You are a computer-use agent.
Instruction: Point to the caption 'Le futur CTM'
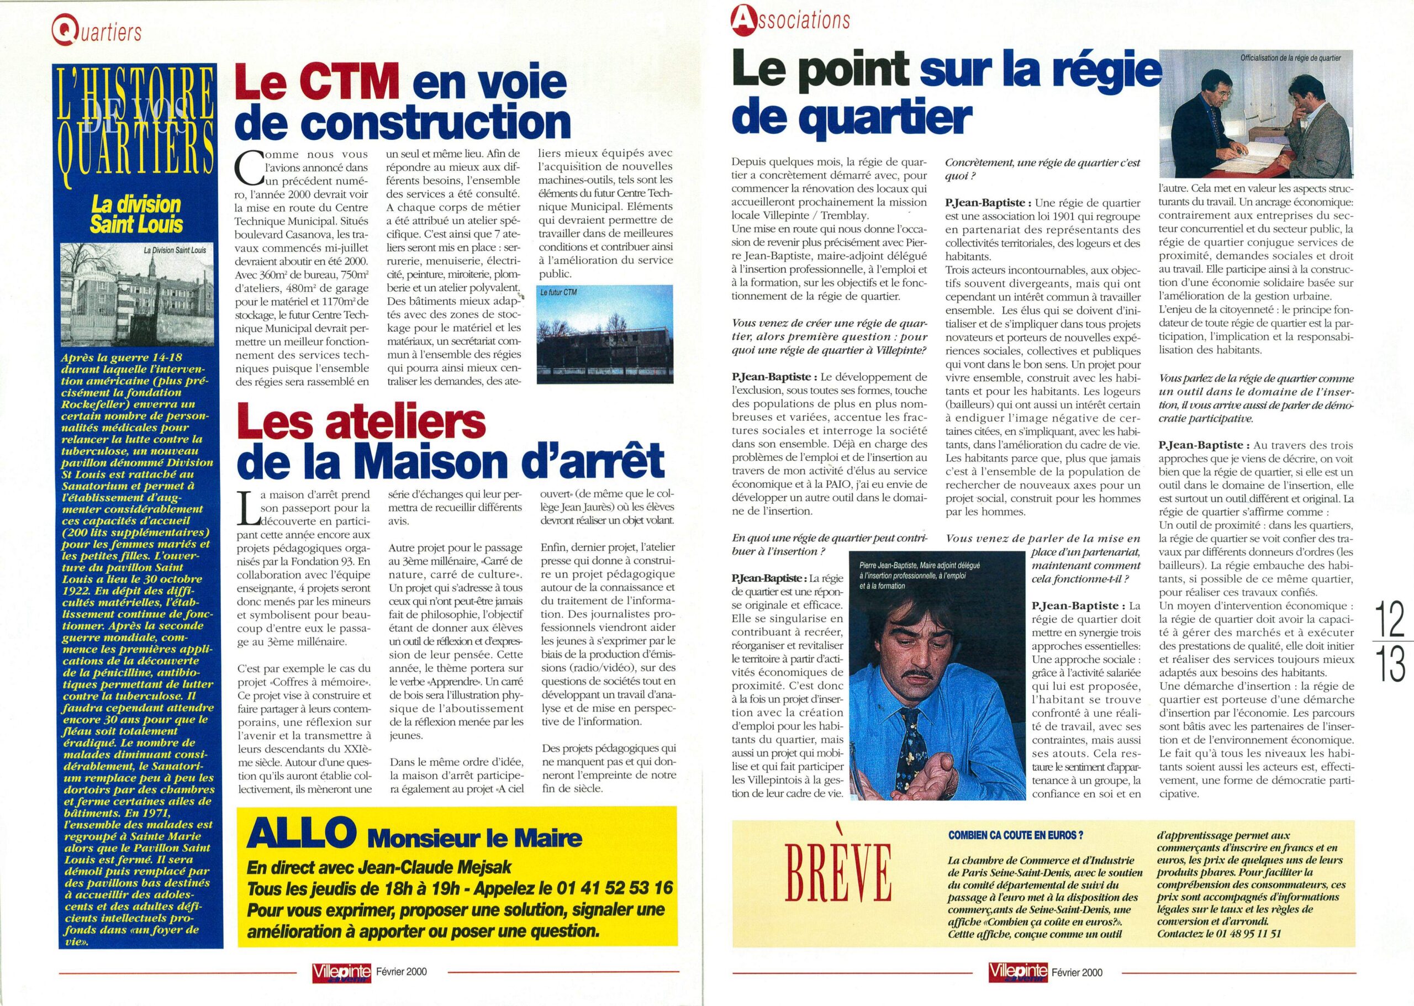point(560,292)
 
